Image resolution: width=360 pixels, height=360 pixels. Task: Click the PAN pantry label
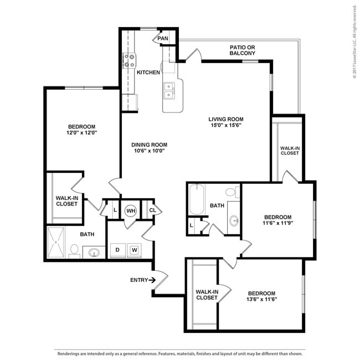163,39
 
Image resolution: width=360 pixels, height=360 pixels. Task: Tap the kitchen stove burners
129,60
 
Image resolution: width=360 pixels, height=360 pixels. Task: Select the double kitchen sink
169,89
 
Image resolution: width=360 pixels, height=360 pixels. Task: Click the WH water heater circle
131,210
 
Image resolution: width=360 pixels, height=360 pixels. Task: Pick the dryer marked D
117,250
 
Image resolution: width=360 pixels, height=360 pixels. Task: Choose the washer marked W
133,250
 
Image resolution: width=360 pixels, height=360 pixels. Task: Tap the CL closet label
152,210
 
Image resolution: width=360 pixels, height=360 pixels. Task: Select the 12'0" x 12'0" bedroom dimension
82,133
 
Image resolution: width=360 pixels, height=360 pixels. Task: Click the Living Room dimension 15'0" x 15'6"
226,126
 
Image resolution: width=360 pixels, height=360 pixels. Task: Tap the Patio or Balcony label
243,51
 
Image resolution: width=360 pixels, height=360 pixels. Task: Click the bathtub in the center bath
197,201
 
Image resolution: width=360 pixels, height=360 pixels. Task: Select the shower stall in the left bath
56,243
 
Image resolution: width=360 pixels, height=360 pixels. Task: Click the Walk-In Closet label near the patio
289,151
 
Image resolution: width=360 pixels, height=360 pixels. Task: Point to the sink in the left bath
94,253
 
